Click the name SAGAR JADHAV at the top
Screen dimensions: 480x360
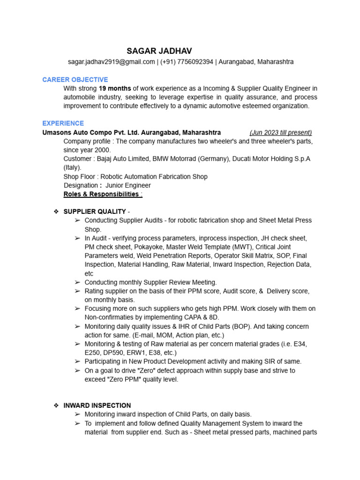pyautogui.click(x=159, y=51)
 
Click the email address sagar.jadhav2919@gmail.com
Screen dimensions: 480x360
pyautogui.click(x=112, y=62)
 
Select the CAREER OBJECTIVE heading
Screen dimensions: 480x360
pyautogui.click(x=75, y=80)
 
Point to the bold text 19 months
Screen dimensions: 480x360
pyautogui.click(x=115, y=89)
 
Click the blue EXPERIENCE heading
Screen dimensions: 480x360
pyautogui.click(x=63, y=123)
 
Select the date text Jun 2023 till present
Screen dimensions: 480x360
pyautogui.click(x=281, y=133)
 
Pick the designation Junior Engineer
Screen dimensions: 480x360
pyautogui.click(x=128, y=186)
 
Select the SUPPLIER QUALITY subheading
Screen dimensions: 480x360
pyautogui.click(x=95, y=211)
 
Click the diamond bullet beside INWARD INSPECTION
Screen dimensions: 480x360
pyautogui.click(x=56, y=405)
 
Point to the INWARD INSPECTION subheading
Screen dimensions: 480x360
pyautogui.click(x=97, y=405)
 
